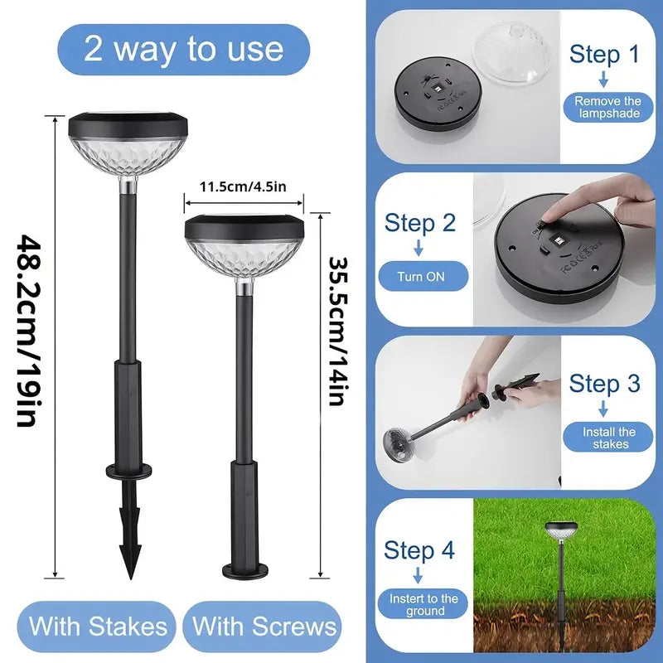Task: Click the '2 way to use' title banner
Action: click(183, 49)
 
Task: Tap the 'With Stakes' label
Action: click(99, 626)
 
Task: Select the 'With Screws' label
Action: click(265, 626)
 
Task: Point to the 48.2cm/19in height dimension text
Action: click(25, 331)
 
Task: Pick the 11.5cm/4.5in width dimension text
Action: click(244, 186)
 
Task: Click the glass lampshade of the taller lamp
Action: click(120, 157)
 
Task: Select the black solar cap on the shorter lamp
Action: click(244, 225)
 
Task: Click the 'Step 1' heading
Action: click(604, 55)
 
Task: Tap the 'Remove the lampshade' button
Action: click(607, 107)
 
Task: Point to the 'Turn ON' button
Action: click(423, 277)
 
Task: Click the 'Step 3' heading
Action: click(604, 384)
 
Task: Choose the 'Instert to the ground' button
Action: click(423, 604)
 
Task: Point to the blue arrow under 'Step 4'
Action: click(419, 574)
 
